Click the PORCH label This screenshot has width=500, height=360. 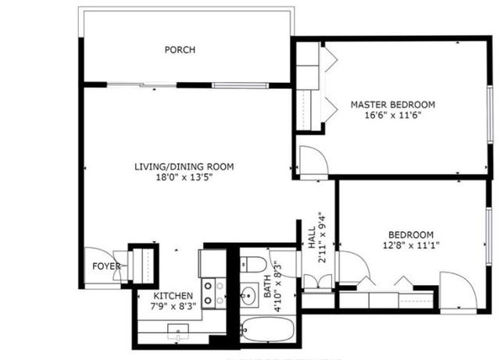coord(180,50)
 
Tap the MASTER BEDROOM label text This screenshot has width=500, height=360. coord(393,105)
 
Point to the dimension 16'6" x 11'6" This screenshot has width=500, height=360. coord(393,115)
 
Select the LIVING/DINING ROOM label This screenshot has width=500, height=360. coord(184,167)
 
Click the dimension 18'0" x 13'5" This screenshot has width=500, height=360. coord(184,177)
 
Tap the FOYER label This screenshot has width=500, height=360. coord(106,266)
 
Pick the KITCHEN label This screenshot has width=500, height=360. coord(173,296)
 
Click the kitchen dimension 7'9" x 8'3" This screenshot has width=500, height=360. coord(173,306)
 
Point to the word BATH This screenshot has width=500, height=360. coord(267,287)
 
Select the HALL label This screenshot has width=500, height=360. coord(312,237)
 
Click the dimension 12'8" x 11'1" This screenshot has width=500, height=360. coord(411,245)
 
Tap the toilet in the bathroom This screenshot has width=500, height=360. coord(253,265)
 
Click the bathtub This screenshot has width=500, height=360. coord(267,330)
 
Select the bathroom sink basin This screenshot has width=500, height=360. coord(248,295)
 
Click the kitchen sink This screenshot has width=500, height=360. coord(178,332)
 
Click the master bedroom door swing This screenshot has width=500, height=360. coord(314,160)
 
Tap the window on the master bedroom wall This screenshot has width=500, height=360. coord(490,115)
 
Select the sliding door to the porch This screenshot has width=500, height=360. coord(141,85)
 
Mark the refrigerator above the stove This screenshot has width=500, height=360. coord(212,263)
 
